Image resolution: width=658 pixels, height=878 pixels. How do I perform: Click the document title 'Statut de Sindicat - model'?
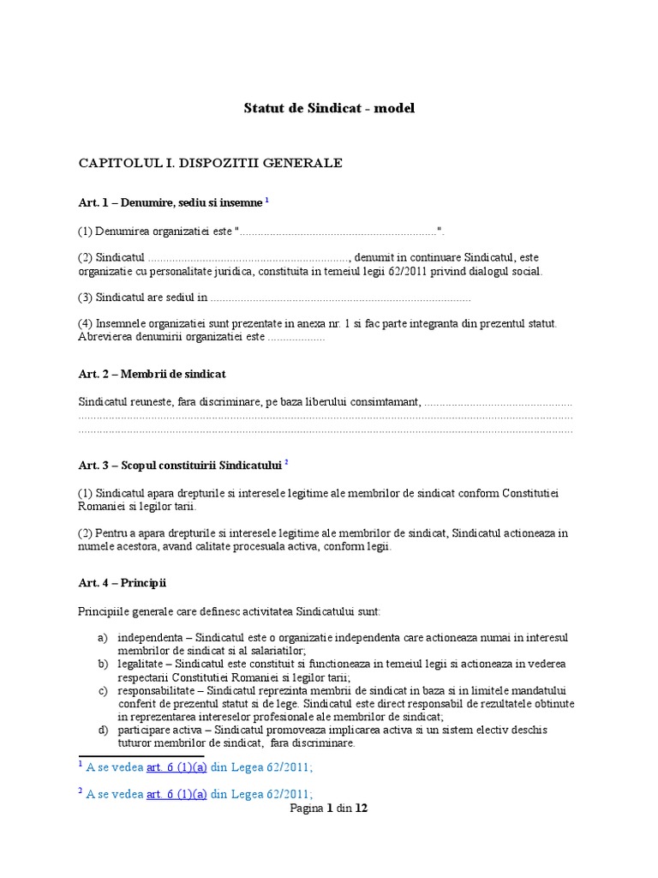pos(329,108)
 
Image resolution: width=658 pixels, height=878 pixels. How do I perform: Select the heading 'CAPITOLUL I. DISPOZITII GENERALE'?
pos(210,163)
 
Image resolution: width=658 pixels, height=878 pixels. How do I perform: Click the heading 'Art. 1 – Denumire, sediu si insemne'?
pos(170,202)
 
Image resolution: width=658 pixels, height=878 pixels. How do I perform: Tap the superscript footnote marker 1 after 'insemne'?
pos(267,200)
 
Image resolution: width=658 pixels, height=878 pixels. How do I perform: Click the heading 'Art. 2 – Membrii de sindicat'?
pos(152,375)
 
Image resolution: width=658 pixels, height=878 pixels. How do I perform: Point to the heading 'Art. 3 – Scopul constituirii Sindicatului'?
pos(180,466)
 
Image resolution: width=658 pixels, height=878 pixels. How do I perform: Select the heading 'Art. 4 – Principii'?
pos(122,583)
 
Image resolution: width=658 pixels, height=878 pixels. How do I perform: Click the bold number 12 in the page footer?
pos(362,809)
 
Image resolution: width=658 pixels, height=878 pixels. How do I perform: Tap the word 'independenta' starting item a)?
pos(153,638)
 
